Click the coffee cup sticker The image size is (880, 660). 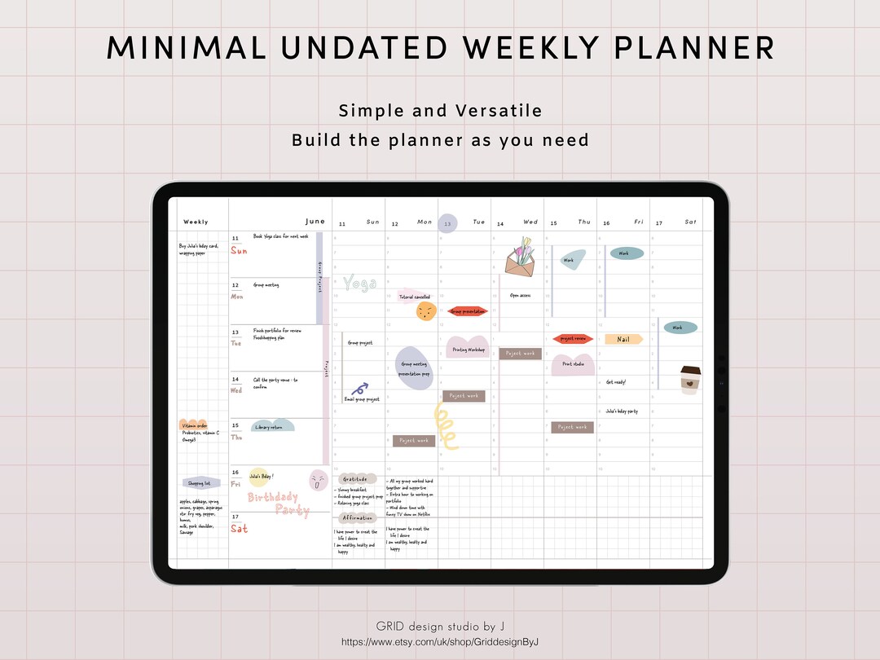[690, 380]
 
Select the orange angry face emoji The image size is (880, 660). [425, 311]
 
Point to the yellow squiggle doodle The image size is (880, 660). [446, 425]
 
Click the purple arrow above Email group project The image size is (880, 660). [360, 388]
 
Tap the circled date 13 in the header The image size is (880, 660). [447, 222]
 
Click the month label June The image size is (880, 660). [315, 221]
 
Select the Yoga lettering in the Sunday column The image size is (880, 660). [359, 283]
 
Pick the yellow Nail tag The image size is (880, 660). [623, 339]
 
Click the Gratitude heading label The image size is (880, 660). [356, 479]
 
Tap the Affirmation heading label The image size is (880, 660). [356, 517]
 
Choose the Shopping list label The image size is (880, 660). [197, 483]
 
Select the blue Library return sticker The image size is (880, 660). [272, 426]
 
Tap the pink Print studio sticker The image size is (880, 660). [574, 363]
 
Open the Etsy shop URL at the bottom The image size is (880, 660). [440, 642]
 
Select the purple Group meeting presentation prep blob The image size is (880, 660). [414, 369]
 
